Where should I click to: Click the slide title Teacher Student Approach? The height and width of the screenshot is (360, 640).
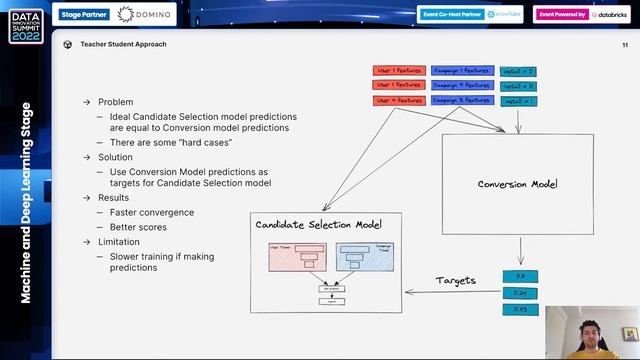123,45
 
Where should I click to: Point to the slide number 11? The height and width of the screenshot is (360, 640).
625,45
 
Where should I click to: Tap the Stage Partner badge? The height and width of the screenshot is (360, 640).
84,14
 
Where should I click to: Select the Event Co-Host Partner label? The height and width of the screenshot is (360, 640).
451,14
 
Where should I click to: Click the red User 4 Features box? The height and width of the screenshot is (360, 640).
398,101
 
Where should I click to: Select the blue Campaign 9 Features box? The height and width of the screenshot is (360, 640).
461,86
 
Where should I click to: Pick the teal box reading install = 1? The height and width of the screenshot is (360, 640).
518,101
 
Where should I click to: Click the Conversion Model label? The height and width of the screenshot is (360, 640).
517,184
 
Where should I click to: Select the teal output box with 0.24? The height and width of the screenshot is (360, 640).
519,292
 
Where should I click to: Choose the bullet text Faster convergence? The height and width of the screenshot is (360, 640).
152,213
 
